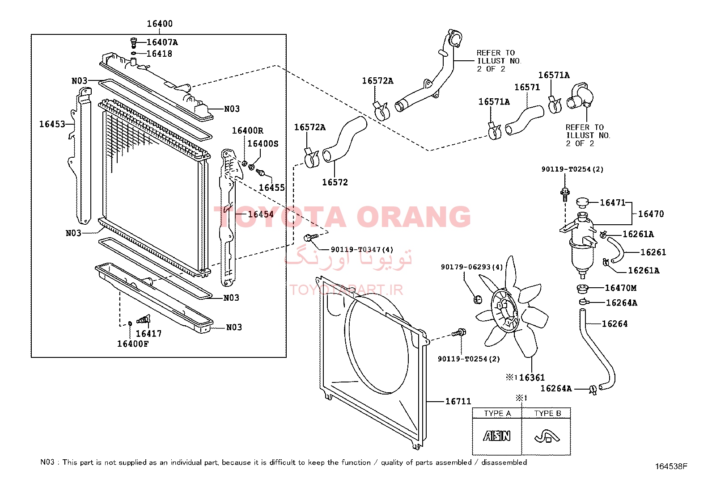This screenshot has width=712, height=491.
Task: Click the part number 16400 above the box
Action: pos(160,24)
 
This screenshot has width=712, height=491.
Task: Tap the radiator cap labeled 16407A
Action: pos(133,42)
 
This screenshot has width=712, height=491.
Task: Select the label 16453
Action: pos(52,124)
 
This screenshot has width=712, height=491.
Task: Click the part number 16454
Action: pos(261,214)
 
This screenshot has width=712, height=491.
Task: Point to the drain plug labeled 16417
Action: pos(144,319)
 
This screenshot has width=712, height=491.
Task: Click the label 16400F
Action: pos(133,344)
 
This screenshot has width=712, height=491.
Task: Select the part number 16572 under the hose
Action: pos(335,182)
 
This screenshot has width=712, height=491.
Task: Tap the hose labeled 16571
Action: pos(525,120)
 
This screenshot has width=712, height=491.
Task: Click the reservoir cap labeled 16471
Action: pos(582,202)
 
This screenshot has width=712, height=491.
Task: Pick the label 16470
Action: pos(651,214)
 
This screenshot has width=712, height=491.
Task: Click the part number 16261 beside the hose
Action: pos(653,252)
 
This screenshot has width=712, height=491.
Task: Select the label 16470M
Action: pos(620,288)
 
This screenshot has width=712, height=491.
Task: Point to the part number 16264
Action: pos(615,324)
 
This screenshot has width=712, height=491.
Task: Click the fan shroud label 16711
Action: pos(458,402)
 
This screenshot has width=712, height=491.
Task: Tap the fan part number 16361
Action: pos(532,378)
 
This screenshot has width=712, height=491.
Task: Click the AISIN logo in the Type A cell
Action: pos(497,436)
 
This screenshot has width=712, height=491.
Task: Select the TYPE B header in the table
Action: pos(547,413)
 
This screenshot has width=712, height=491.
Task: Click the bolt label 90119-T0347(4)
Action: pos(362,250)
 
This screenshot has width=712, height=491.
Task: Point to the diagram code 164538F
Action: pos(671,466)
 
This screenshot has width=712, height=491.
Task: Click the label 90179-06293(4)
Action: pos(472,267)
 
